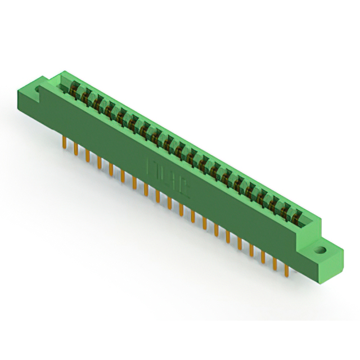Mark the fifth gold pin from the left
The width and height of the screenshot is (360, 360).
(x=111, y=169)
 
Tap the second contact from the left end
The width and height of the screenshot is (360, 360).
(x=85, y=96)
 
